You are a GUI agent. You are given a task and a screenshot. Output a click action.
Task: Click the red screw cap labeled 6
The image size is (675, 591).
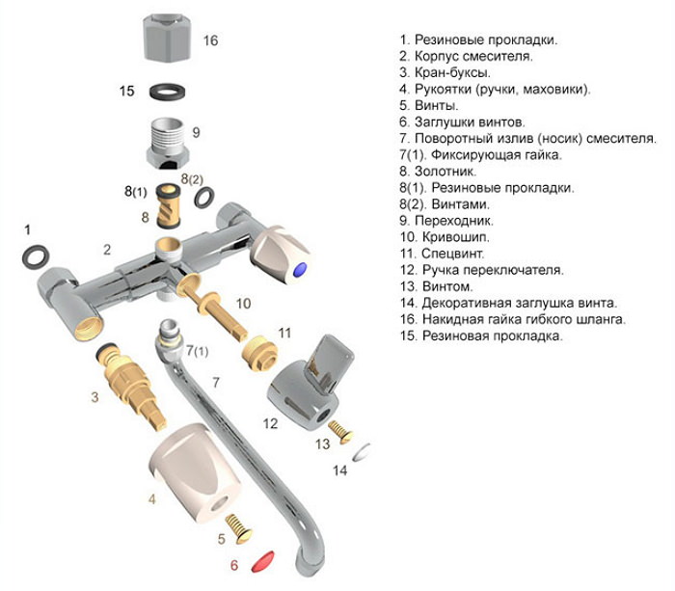pyautogui.click(x=267, y=562)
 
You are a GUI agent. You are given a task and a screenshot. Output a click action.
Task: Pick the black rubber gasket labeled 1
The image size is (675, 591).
pyautogui.click(x=37, y=255)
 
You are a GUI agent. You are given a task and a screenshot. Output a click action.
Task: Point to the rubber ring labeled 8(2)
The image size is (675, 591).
pyautogui.click(x=204, y=198)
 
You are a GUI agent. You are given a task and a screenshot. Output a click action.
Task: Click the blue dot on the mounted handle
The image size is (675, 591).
pyautogui.click(x=305, y=269)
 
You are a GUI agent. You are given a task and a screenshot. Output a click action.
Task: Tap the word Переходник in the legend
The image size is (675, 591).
pyautogui.click(x=457, y=220)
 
